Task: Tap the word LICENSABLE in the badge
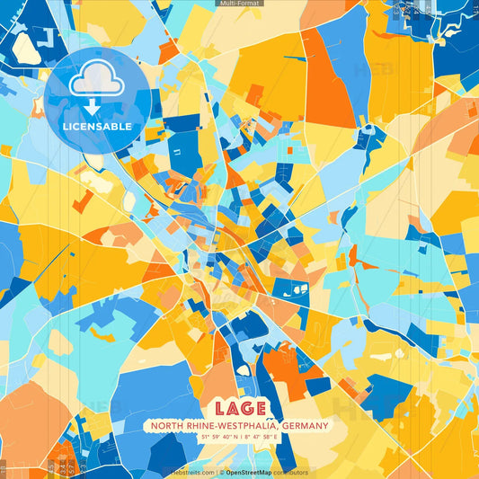(97, 126)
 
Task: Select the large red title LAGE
(240, 408)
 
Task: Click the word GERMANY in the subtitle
(305, 426)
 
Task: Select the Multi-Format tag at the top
(240, 4)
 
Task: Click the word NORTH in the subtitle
(167, 426)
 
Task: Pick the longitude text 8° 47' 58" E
(264, 439)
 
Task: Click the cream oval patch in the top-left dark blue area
(26, 48)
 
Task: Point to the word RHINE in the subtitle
(200, 426)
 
